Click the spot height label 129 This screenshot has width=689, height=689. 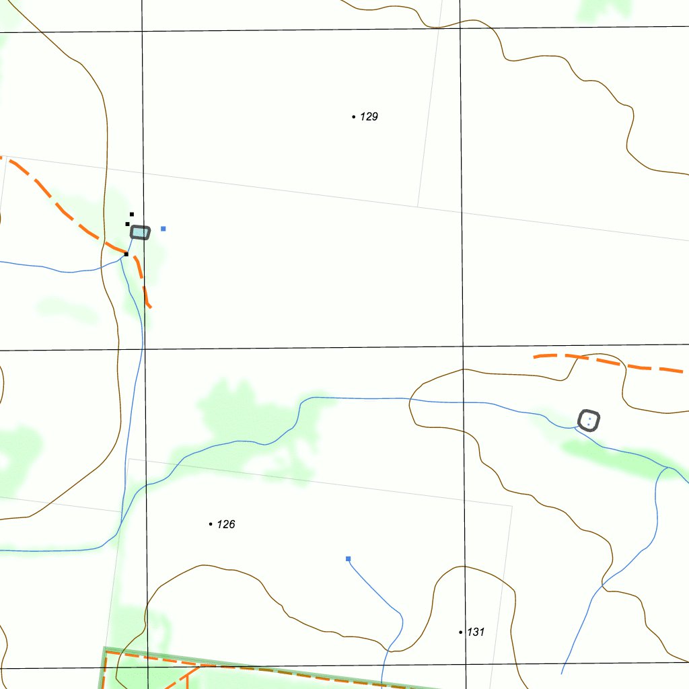pyautogui.click(x=369, y=116)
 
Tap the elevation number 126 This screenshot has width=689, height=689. pyautogui.click(x=226, y=524)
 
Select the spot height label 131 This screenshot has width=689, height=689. pyautogui.click(x=476, y=632)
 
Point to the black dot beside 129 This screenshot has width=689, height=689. pyautogui.click(x=354, y=117)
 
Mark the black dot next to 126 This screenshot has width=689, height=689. pyautogui.click(x=211, y=524)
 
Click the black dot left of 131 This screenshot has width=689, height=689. pyautogui.click(x=461, y=632)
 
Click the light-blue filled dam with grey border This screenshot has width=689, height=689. pyautogui.click(x=140, y=233)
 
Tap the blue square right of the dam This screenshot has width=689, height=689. pyautogui.click(x=164, y=229)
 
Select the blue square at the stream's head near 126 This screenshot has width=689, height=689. pyautogui.click(x=348, y=558)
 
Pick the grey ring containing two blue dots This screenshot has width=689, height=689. pyautogui.click(x=589, y=421)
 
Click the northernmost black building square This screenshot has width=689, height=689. pyautogui.click(x=132, y=215)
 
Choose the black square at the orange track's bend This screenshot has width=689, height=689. pyautogui.click(x=126, y=254)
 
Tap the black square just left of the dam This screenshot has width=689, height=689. pyautogui.click(x=127, y=224)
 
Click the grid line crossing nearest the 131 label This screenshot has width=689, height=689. pyautogui.click(x=466, y=665)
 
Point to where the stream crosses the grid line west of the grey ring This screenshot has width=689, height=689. pyautogui.click(x=463, y=402)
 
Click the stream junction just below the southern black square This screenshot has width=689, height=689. pyautogui.click(x=122, y=260)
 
